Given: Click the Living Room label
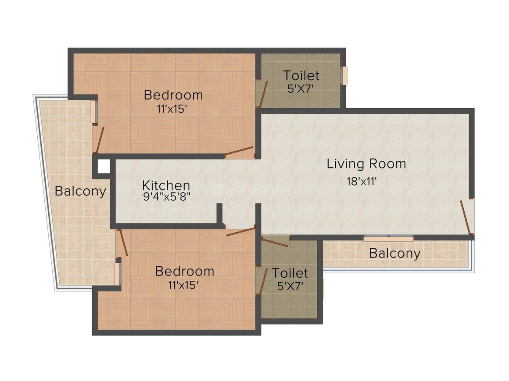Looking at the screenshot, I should click(366, 164).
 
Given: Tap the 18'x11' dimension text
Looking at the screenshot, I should click(361, 181).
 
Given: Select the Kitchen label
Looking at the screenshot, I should click(166, 185).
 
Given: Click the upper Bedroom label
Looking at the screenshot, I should click(173, 95).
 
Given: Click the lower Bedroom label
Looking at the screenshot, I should click(185, 271).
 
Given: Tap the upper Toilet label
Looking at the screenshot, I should click(301, 75).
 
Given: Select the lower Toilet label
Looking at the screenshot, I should click(290, 273).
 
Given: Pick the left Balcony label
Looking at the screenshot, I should click(80, 191).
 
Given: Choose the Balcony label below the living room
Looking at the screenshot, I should click(394, 253).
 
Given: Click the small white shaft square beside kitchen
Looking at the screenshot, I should click(104, 166).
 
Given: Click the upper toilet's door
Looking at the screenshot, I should click(262, 94).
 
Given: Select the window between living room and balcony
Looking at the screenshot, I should click(388, 238).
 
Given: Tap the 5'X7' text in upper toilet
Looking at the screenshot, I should click(301, 88).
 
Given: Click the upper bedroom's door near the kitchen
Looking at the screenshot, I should click(239, 152).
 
